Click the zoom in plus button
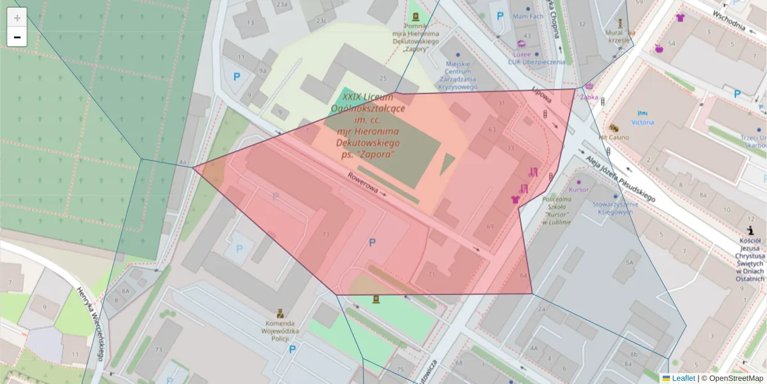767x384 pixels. click(17, 18)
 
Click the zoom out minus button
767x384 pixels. click(17, 37)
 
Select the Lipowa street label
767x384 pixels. click(541, 95)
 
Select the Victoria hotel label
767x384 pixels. click(642, 122)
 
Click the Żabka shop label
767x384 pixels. click(589, 97)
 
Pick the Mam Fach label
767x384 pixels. click(528, 16)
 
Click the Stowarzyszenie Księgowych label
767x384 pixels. click(612, 208)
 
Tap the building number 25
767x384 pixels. click(383, 79)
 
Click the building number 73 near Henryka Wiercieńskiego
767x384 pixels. click(157, 349)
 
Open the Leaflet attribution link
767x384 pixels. click(683, 378)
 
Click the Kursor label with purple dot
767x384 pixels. click(578, 190)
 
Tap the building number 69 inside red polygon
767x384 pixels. click(490, 227)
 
